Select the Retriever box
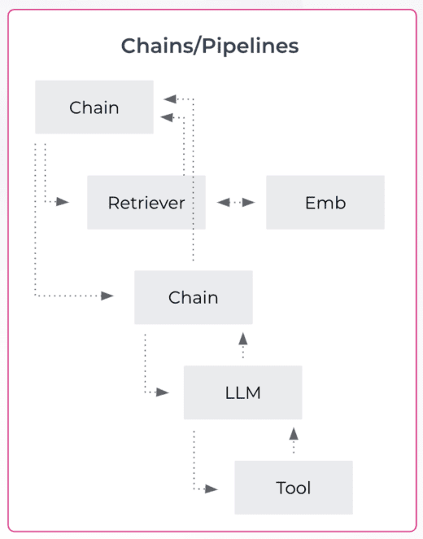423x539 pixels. coord(146,203)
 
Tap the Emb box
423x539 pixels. coord(325,203)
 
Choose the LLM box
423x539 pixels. coord(242,392)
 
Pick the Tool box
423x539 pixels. coord(293,488)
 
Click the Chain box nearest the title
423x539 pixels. coord(94,107)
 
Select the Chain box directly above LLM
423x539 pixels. coord(193,297)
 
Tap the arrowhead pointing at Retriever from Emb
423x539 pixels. coord(222,202)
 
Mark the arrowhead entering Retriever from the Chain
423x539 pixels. coord(63,202)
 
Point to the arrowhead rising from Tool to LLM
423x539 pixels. coord(294,434)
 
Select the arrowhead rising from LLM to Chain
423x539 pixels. coord(242,339)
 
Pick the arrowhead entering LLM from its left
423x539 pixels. coord(162,392)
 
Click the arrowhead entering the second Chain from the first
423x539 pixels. coord(107,296)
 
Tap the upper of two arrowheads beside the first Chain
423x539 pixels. coord(169,99)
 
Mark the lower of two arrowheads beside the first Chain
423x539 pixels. coord(167,118)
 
